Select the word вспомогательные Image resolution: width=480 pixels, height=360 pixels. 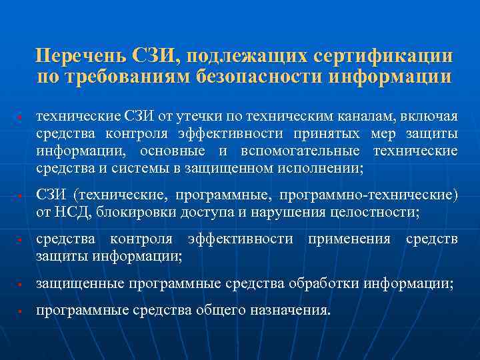click(x=303, y=151)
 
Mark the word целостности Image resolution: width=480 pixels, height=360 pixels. click(x=377, y=213)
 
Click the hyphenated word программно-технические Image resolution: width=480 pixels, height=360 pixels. click(x=369, y=195)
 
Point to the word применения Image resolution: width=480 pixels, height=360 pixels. click(x=349, y=239)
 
